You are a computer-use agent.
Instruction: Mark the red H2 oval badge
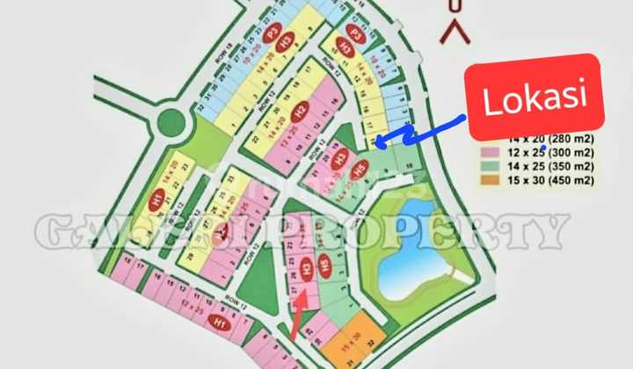[300, 112]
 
